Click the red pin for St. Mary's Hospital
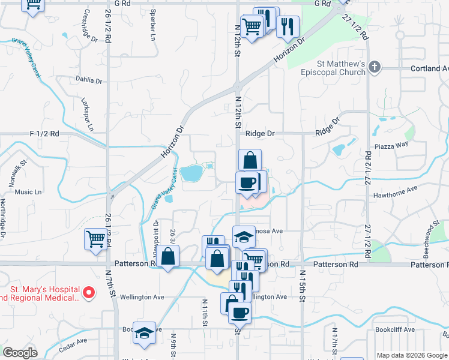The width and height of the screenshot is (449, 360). coord(89,293)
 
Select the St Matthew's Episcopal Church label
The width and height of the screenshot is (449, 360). coord(342,68)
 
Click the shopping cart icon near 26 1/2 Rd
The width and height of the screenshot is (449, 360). coord(96,240)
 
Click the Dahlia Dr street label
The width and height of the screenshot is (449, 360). coord(90,79)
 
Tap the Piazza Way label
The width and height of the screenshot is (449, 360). coord(391,144)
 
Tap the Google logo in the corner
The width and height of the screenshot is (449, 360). coord(20,353)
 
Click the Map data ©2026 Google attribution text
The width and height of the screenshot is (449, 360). coord(412,355)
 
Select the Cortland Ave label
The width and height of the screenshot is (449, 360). coord(429,68)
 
